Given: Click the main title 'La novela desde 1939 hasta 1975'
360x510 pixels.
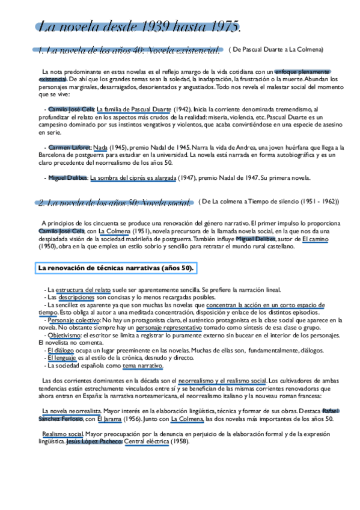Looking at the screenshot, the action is point(139,26).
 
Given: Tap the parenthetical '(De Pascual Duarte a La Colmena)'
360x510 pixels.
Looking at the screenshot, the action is point(276,49).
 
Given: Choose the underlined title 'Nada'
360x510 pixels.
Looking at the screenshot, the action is point(100,147).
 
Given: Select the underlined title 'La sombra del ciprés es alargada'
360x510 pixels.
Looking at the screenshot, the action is point(133,178).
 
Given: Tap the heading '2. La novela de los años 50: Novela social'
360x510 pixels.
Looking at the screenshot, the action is point(114,203).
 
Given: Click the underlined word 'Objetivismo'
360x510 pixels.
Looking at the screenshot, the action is point(64,336).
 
